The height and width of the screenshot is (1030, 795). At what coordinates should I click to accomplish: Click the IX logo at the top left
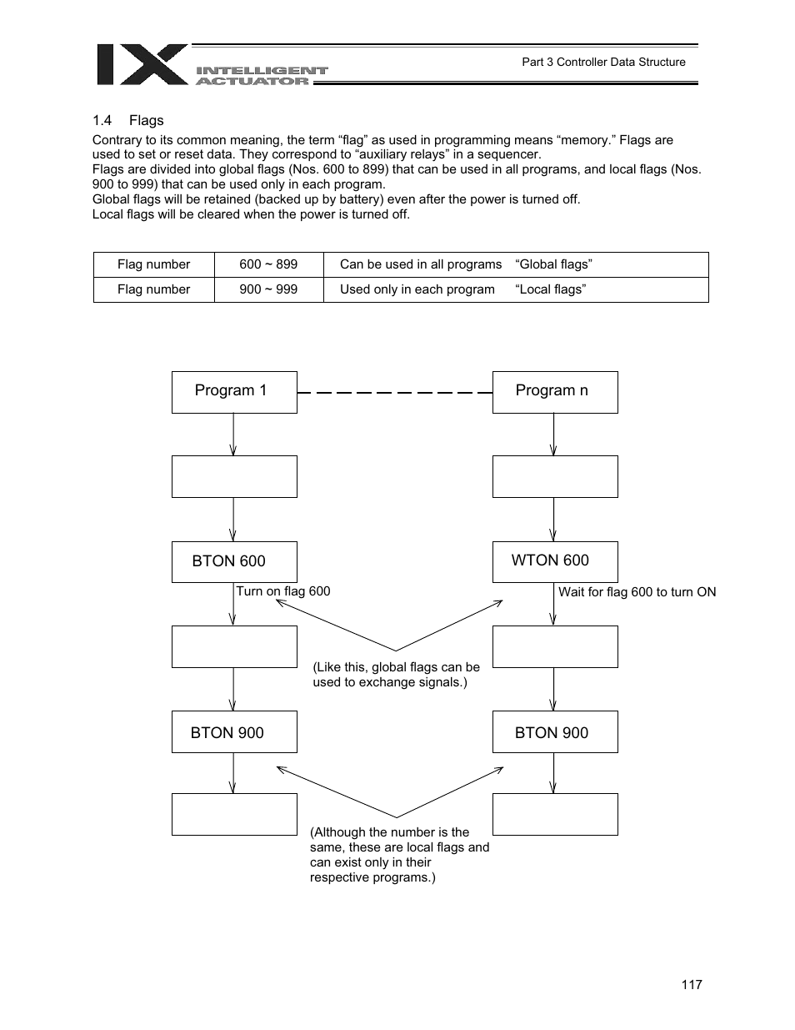point(142,65)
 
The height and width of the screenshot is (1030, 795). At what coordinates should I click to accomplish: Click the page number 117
point(691,984)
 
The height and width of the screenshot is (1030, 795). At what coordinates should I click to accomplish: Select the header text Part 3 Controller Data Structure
point(603,62)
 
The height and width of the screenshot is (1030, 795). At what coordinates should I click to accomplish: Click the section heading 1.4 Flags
point(127,120)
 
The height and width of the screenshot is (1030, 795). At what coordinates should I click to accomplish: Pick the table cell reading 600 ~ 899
point(268,264)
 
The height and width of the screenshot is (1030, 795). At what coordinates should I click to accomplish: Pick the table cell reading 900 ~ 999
point(268,289)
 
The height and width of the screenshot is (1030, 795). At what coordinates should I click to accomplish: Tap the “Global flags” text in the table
point(553,264)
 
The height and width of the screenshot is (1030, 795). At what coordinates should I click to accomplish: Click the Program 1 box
point(234,392)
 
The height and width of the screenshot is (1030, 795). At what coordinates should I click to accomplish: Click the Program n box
point(555,392)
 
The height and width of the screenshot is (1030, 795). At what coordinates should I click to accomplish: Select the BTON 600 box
point(234,561)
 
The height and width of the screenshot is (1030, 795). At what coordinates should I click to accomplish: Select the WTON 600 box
point(555,561)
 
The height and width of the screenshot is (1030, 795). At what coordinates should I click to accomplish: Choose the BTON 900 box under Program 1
point(234,732)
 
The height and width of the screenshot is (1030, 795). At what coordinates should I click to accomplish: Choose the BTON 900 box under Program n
point(555,732)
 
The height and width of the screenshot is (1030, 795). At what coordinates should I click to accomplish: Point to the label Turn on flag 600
point(283,591)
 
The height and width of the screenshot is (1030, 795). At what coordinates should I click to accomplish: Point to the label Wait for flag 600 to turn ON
point(637,592)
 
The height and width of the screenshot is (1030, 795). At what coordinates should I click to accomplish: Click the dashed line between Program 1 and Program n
point(394,392)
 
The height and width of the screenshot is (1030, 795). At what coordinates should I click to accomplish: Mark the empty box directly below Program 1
point(234,477)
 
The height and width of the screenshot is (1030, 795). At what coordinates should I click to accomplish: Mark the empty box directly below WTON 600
point(555,647)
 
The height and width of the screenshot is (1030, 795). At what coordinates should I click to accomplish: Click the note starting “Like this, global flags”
point(396,675)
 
